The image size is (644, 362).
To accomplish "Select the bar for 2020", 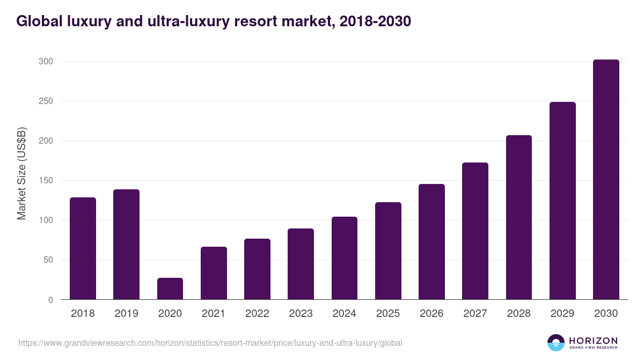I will (x=170, y=289).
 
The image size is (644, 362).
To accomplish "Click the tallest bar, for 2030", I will (x=606, y=180).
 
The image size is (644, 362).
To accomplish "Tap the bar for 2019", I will (x=126, y=245).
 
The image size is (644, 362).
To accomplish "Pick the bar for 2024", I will (x=345, y=258).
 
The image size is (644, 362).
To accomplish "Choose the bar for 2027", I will (x=475, y=231).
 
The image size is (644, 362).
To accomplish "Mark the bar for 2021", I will (x=214, y=273).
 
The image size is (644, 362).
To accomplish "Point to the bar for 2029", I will (x=562, y=201).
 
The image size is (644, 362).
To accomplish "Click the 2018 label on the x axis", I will (x=83, y=314).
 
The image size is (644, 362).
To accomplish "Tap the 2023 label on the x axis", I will (x=301, y=314).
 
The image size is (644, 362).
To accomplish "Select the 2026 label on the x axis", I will (x=431, y=314).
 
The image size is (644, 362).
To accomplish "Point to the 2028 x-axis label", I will (x=519, y=314).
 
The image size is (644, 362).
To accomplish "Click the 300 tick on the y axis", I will (x=46, y=62).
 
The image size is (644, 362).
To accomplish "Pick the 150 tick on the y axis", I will (x=46, y=181).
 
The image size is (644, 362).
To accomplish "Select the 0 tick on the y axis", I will (x=50, y=300).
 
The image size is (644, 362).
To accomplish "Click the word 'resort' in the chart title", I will (x=255, y=21).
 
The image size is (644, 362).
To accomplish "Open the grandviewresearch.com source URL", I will (x=210, y=343).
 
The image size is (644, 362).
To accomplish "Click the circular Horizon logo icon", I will (x=556, y=343).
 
